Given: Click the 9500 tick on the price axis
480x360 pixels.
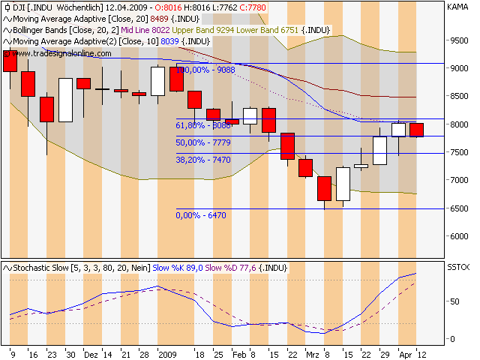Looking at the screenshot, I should point(460,40).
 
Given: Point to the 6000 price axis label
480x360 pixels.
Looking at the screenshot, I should point(460,236).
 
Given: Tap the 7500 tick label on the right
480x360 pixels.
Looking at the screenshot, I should point(460,152).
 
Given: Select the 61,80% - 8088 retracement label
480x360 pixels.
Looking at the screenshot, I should point(204,126).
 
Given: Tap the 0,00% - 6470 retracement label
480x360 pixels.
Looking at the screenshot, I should point(201,215).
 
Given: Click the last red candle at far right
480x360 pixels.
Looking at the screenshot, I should point(416,130).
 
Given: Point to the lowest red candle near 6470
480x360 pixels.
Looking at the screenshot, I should point(325,188).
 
